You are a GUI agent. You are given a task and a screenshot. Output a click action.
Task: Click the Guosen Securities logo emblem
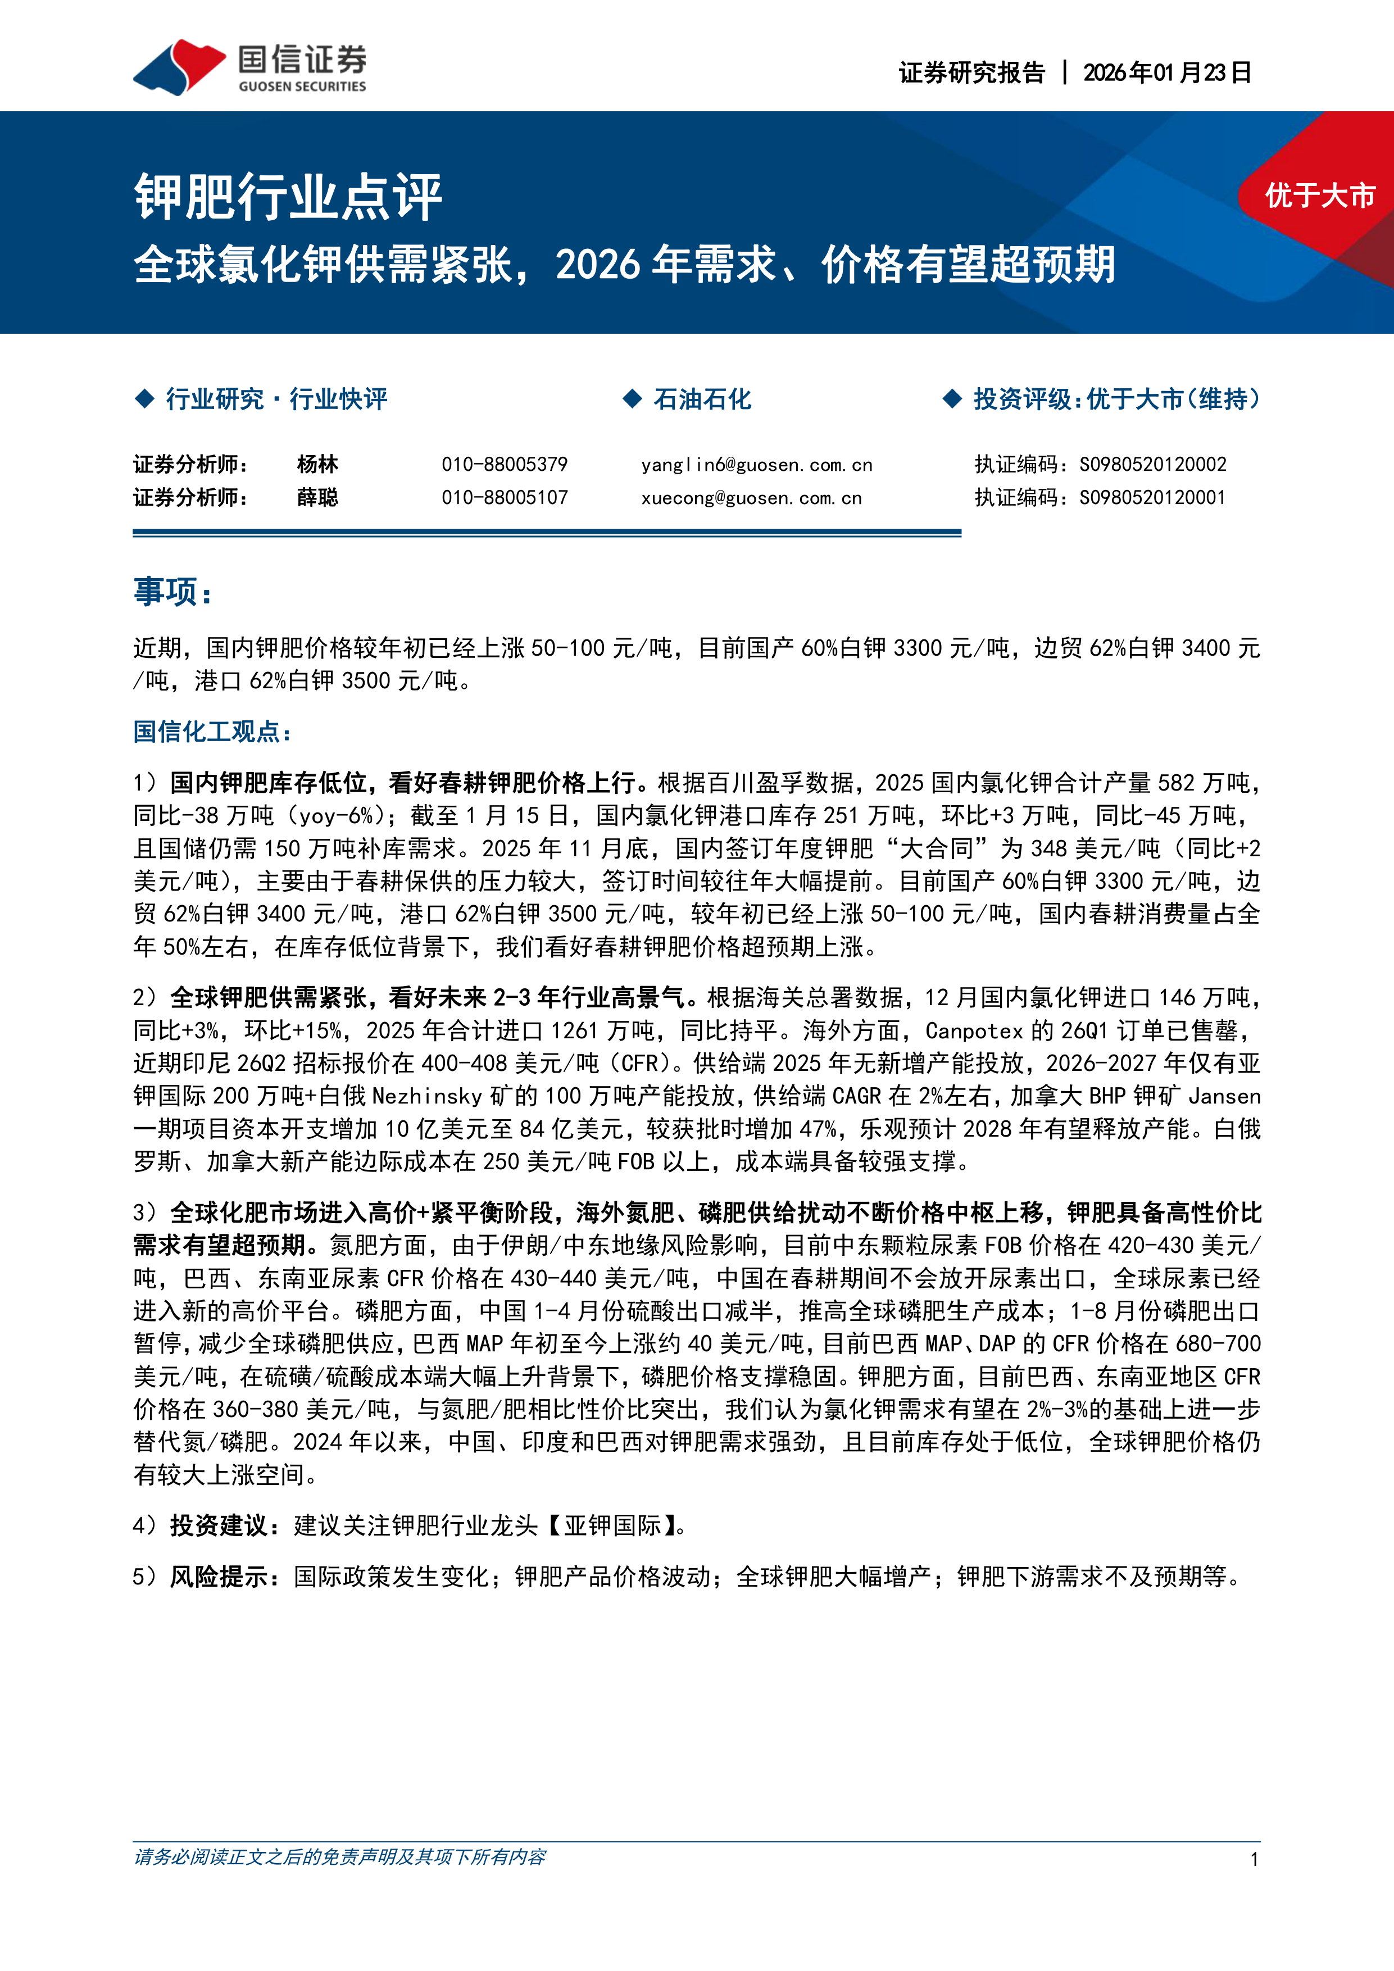pyautogui.click(x=179, y=66)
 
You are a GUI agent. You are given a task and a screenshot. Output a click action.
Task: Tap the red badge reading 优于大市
pyautogui.click(x=1319, y=196)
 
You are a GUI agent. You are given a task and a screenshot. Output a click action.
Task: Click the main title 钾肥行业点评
pyautogui.click(x=288, y=197)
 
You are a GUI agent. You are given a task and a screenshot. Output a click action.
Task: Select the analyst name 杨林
pyautogui.click(x=317, y=465)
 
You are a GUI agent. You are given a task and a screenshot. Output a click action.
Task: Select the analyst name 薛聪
pyautogui.click(x=317, y=498)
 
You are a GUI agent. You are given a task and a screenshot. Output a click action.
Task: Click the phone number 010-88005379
pyautogui.click(x=505, y=465)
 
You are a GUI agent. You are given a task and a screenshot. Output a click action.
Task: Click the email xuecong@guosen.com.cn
pyautogui.click(x=751, y=498)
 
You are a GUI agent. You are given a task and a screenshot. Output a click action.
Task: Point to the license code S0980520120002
pyautogui.click(x=1153, y=465)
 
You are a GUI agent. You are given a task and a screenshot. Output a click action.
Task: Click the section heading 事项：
pyautogui.click(x=174, y=592)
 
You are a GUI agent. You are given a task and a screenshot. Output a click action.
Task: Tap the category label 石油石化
pyautogui.click(x=702, y=399)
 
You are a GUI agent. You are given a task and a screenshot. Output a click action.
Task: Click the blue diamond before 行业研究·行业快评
pyautogui.click(x=144, y=398)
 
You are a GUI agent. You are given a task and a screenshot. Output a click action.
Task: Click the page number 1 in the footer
pyautogui.click(x=1254, y=1859)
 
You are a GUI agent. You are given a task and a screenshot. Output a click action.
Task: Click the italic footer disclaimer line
pyautogui.click(x=340, y=1857)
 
